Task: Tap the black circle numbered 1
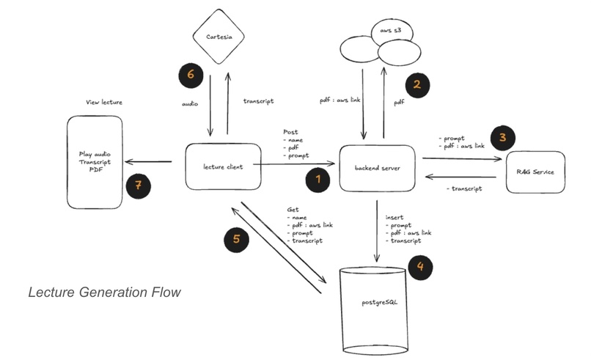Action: click(x=317, y=179)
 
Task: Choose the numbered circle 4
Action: click(x=419, y=266)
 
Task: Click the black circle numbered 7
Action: click(x=139, y=185)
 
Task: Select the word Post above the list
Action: click(x=290, y=132)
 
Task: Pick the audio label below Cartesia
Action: click(x=190, y=104)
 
